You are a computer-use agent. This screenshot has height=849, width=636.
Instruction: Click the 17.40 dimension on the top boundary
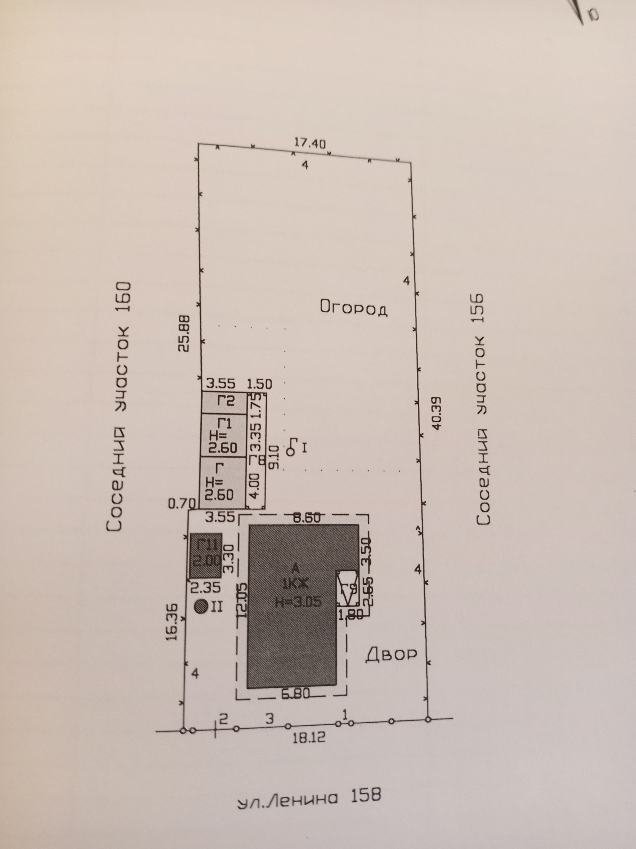click(x=310, y=144)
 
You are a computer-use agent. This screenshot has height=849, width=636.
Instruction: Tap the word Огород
click(x=353, y=308)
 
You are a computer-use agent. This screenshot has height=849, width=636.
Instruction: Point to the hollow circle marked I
click(x=291, y=451)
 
